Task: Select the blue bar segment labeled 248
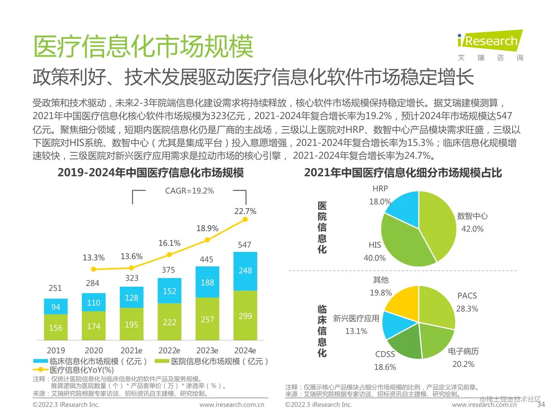point(245,271)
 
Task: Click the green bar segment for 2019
point(56,327)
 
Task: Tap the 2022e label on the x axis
point(169,350)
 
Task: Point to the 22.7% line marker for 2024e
point(245,219)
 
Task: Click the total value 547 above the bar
point(245,245)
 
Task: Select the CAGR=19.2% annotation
point(189,191)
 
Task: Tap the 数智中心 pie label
point(472,216)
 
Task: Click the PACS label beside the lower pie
point(467,296)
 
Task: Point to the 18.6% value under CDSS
point(385,367)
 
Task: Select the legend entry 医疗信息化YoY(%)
point(82,370)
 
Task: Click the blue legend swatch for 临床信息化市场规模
point(40,361)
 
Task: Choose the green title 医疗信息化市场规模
point(143,46)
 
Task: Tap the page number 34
point(540,404)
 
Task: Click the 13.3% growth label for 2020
point(94,258)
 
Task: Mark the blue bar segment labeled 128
point(131,297)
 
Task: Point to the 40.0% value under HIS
point(375,258)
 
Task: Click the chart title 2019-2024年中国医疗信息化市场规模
point(151,173)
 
